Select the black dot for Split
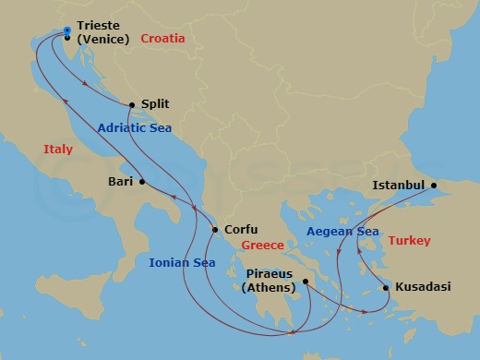pos(133,104)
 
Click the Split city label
pos(154,105)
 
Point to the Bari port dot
pos(142,182)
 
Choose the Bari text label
pos(121,182)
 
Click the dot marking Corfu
pos(215,230)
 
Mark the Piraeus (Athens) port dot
pos(303,284)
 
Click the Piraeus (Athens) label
pos(269,281)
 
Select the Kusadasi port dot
pos(386,288)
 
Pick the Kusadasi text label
pos(423,287)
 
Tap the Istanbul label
pos(399,185)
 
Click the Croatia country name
pos(162,39)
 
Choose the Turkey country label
pos(409,240)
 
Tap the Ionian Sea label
pos(182,263)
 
